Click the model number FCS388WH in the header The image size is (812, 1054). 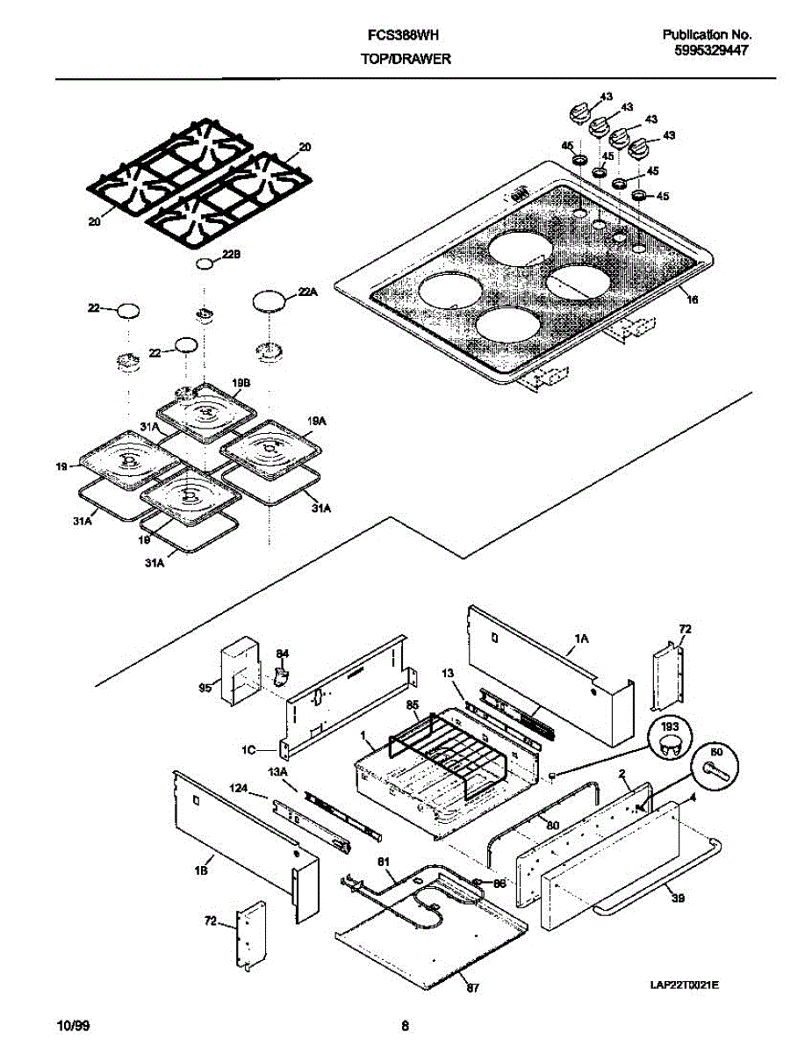coord(402,34)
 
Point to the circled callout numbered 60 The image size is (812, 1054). coord(715,754)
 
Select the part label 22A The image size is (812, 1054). coord(306,293)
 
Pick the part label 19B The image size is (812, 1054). coord(242,382)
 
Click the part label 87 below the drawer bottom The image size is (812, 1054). coord(473,988)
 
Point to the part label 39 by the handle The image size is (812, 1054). coord(676,898)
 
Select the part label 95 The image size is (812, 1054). coord(205,688)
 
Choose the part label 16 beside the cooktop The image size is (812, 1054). coord(692,300)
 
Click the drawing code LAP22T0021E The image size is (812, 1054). coord(685,985)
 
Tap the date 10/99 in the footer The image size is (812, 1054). coord(71,1025)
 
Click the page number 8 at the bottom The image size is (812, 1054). coord(405,1025)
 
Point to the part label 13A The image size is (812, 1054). coord(277,771)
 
